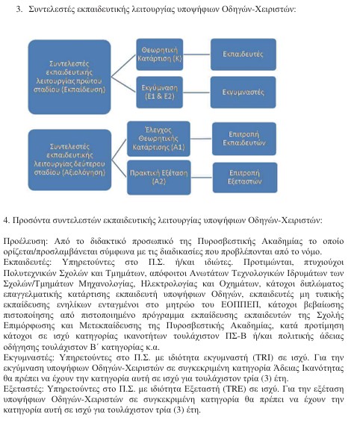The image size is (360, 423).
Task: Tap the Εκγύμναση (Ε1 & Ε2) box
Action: point(158,90)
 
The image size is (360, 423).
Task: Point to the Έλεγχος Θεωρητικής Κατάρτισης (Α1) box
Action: point(158,139)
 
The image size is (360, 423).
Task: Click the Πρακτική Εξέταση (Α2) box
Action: point(158,176)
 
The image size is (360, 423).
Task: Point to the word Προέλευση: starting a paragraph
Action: point(24,242)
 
